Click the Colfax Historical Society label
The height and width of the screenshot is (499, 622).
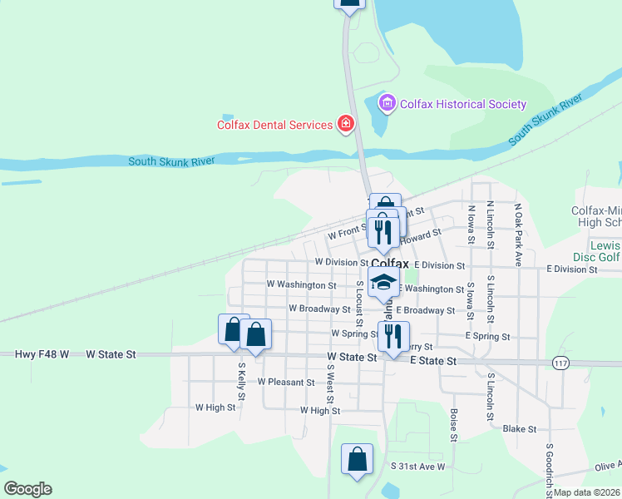click(463, 104)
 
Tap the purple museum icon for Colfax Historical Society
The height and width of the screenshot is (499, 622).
click(386, 104)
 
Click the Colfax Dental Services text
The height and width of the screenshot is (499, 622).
click(274, 125)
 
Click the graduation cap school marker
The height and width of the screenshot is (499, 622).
click(383, 283)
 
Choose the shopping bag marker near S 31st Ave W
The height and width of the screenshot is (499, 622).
click(357, 458)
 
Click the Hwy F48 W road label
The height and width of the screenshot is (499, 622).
click(42, 354)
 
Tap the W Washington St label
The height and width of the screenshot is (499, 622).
click(301, 284)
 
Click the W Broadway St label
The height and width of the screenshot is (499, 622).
click(319, 309)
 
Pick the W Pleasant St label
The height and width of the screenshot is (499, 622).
click(286, 383)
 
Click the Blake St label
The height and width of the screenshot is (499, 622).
click(521, 428)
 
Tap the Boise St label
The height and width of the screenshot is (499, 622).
click(454, 424)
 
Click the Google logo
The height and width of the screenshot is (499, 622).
click(27, 489)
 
